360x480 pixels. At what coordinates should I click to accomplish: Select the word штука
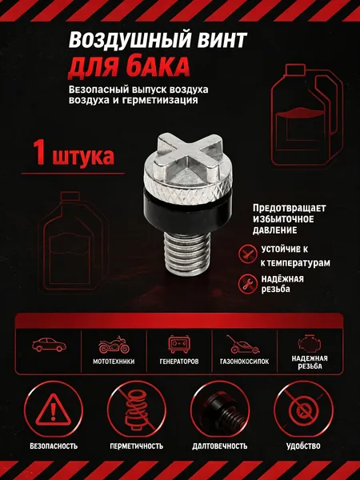(x=83, y=156)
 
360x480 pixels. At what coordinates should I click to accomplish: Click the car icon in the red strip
(x=49, y=345)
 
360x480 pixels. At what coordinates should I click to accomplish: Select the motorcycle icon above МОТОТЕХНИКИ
(x=114, y=346)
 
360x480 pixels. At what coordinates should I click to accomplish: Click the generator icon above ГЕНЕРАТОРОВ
(x=179, y=344)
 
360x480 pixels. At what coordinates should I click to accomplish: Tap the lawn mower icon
(x=242, y=345)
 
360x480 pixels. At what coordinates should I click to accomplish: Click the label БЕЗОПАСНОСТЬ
(x=54, y=446)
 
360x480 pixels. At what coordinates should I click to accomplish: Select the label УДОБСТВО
(x=303, y=446)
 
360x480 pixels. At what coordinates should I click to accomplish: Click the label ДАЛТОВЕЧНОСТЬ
(x=220, y=446)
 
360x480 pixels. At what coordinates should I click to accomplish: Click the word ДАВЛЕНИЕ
(x=274, y=230)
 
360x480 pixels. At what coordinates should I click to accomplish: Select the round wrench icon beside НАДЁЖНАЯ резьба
(x=247, y=283)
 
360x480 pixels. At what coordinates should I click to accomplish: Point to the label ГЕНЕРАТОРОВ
(x=179, y=362)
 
